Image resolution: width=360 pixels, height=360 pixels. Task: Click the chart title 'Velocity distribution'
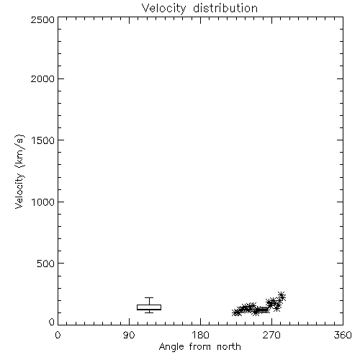click(x=199, y=9)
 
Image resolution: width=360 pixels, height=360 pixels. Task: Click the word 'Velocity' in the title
click(x=163, y=9)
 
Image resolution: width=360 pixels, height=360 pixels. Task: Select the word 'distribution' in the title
click(x=225, y=8)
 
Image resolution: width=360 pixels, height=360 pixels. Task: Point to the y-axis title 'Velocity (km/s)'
click(x=19, y=171)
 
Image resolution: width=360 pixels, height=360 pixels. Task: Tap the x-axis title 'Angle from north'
click(x=199, y=347)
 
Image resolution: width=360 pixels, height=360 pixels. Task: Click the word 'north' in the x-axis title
click(x=229, y=347)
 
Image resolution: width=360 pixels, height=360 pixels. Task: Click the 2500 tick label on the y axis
click(x=42, y=20)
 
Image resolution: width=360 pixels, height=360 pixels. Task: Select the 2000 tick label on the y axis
click(x=42, y=78)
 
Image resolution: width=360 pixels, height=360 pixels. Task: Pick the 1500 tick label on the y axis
click(x=43, y=140)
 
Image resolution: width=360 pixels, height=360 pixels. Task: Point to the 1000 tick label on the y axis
click(x=43, y=202)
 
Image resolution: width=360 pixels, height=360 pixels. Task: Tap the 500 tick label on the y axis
click(x=46, y=264)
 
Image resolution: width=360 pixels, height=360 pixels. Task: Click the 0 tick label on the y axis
click(x=52, y=322)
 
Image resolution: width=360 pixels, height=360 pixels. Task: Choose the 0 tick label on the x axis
click(x=58, y=335)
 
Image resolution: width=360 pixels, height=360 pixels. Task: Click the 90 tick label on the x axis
click(x=129, y=335)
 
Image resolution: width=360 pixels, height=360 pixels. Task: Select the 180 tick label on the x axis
click(x=199, y=335)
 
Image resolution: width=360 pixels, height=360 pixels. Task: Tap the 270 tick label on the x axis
click(x=271, y=335)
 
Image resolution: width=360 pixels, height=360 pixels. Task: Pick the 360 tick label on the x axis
click(x=343, y=335)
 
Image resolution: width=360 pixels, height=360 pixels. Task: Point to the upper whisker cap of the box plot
click(x=149, y=298)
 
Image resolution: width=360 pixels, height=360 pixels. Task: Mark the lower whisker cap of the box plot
click(x=149, y=312)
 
